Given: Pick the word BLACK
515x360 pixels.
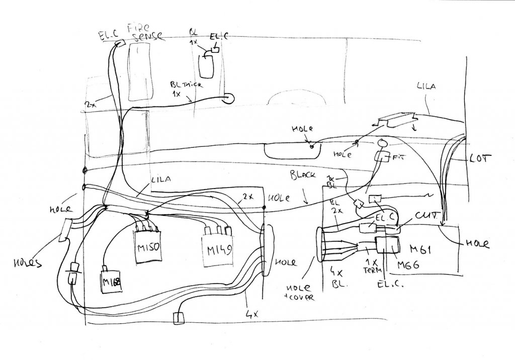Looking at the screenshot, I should tap(303, 176).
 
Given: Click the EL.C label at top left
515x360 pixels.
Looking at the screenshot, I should tap(108, 35).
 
